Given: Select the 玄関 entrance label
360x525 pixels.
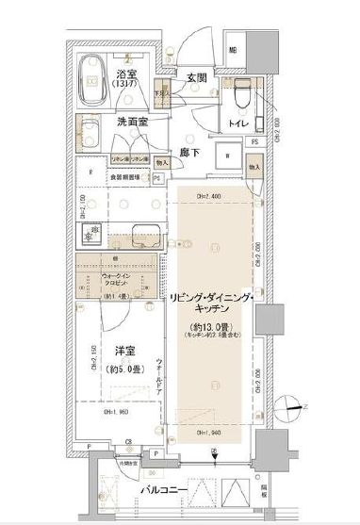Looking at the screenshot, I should click(196, 76).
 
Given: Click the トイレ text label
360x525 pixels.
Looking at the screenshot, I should click(237, 123).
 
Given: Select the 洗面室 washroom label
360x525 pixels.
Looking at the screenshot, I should click(133, 122).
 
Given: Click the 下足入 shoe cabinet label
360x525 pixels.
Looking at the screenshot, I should click(162, 94).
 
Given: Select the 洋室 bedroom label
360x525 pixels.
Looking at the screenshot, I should click(123, 352).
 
